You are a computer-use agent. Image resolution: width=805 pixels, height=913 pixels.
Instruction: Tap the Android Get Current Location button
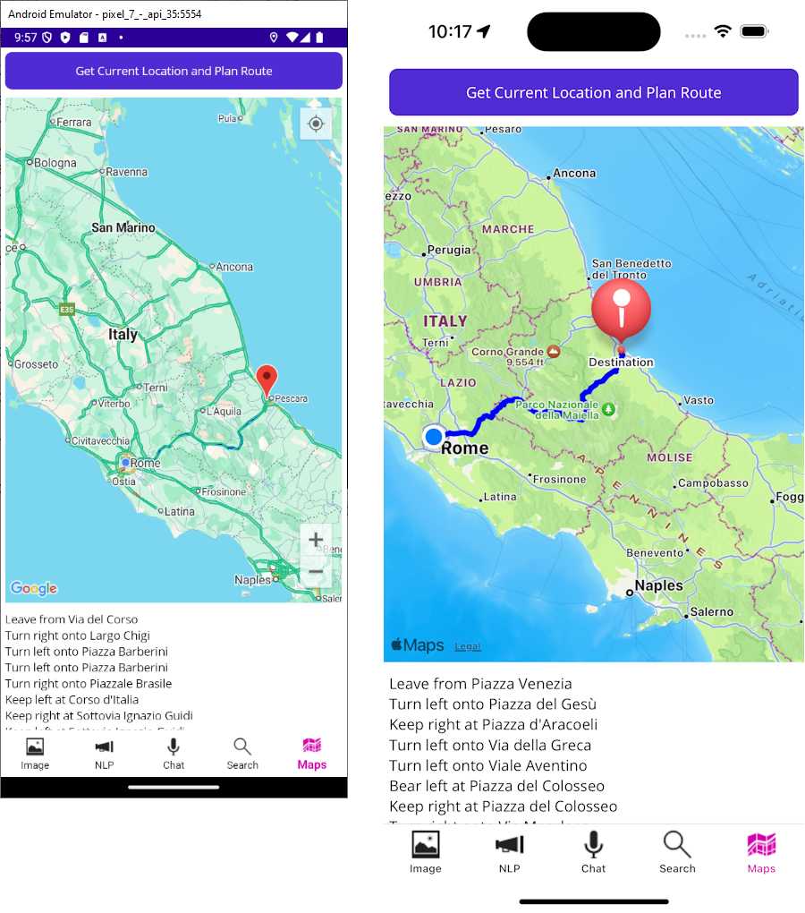174,71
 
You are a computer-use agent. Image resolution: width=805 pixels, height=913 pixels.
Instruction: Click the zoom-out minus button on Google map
316,571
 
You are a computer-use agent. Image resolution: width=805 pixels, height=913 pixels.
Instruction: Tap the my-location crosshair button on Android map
316,124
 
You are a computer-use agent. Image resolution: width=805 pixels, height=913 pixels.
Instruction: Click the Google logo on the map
34,588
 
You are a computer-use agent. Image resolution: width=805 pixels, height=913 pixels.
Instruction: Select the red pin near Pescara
267,380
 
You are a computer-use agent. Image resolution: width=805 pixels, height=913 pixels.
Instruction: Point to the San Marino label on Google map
123,227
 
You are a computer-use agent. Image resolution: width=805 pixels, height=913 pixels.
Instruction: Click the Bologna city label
55,163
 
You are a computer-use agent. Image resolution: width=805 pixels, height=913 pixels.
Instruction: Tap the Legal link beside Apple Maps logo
467,646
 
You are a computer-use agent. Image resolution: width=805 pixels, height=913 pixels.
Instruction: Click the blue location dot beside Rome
434,437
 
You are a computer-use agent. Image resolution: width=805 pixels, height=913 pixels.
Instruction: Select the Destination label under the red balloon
621,363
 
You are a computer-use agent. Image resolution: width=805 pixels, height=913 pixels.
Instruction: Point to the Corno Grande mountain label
508,352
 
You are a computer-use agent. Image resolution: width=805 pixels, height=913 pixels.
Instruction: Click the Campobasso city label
713,483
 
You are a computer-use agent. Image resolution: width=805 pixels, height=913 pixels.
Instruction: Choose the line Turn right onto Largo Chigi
78,636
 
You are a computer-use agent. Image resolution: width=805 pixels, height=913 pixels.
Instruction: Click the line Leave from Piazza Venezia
480,684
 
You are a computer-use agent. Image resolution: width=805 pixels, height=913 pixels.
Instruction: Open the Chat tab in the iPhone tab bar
593,851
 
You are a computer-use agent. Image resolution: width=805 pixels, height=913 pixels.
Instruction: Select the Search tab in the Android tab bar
241,753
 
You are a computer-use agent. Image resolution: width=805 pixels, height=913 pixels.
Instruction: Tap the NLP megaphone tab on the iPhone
509,851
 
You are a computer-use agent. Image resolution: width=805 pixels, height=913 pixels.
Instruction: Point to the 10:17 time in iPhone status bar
450,31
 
